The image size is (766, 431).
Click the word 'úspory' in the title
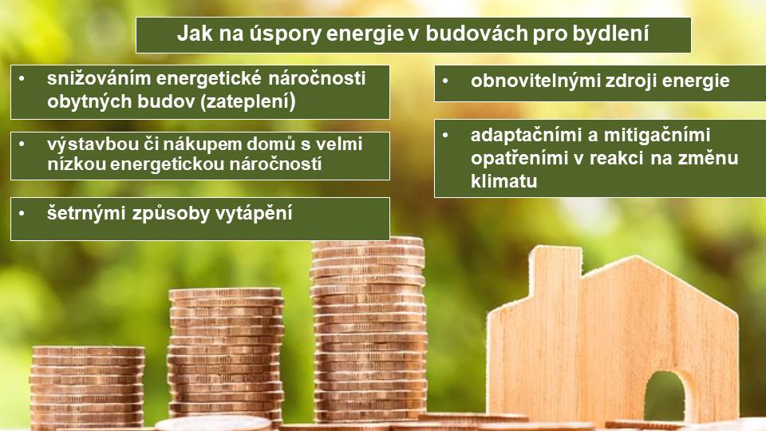click(x=284, y=34)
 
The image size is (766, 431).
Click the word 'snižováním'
click(x=98, y=78)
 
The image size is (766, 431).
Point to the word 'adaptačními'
click(x=527, y=135)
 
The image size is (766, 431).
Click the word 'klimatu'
click(x=503, y=181)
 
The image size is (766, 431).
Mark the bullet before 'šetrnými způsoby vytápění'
click(x=22, y=213)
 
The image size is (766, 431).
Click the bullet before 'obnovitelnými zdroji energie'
click(x=445, y=81)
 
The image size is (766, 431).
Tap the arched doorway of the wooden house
click(x=665, y=397)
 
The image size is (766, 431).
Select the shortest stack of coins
click(x=87, y=387)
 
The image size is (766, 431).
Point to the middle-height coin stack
click(x=225, y=354)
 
